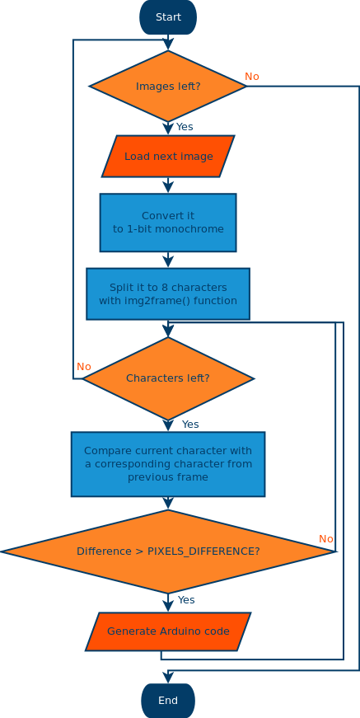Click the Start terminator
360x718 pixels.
tap(168, 17)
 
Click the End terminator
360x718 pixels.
tap(168, 701)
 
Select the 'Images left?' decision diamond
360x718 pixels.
tap(168, 86)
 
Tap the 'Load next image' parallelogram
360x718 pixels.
tap(168, 157)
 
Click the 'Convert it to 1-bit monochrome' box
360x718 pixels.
tap(168, 223)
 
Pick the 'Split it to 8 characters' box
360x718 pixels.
tap(168, 293)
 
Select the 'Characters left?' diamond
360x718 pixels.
tap(168, 378)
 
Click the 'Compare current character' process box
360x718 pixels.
tap(168, 464)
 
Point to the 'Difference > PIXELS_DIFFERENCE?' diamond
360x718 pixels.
tap(168, 551)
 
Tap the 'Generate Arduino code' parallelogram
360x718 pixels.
tap(168, 631)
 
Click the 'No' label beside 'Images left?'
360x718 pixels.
tap(252, 77)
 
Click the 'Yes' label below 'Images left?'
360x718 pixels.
tap(185, 127)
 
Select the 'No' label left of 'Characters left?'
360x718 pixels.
tap(84, 367)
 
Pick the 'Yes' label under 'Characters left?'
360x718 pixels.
tap(190, 425)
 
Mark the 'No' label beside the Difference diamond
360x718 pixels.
tap(326, 539)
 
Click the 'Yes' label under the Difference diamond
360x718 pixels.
tap(186, 600)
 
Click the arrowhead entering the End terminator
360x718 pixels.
tap(168, 678)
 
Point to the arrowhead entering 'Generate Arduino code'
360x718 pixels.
tap(168, 607)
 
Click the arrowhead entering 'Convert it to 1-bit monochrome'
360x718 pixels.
tap(168, 188)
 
